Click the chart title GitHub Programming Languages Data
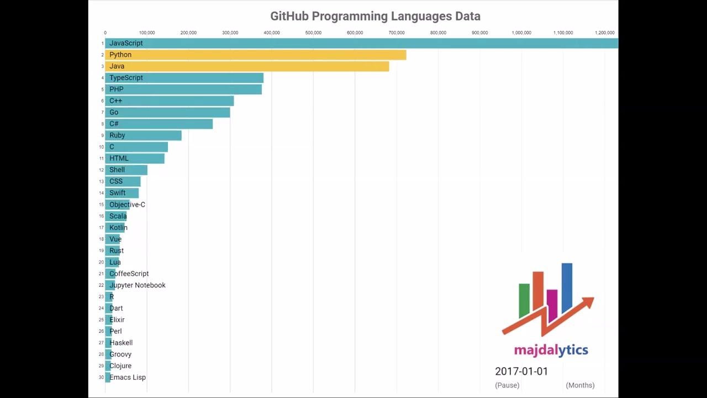pyautogui.click(x=375, y=16)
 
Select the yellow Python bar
pyautogui.click(x=256, y=55)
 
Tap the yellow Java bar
pyautogui.click(x=247, y=66)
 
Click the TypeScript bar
pyautogui.click(x=184, y=78)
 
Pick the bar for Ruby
pyautogui.click(x=144, y=135)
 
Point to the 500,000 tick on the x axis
pyautogui.click(x=313, y=33)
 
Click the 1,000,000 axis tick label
pyautogui.click(x=521, y=33)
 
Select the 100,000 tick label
pyautogui.click(x=147, y=33)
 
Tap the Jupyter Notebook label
pyautogui.click(x=138, y=285)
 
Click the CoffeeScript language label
pyautogui.click(x=129, y=274)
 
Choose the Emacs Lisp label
pyautogui.click(x=128, y=378)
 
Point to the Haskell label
pyautogui.click(x=121, y=343)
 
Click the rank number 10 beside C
pyautogui.click(x=101, y=147)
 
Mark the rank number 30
pyautogui.click(x=101, y=378)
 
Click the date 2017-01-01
pyautogui.click(x=521, y=371)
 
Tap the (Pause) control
pyautogui.click(x=507, y=385)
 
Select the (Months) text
pyautogui.click(x=580, y=385)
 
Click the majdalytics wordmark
pyautogui.click(x=551, y=350)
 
